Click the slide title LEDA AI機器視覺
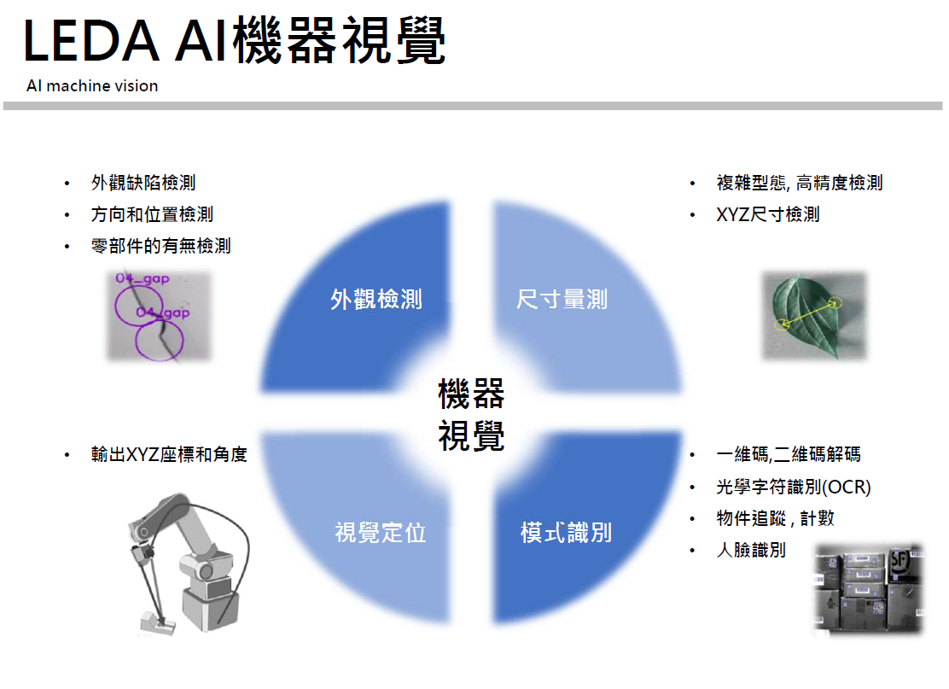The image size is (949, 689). [235, 41]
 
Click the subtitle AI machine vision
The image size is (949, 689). [92, 86]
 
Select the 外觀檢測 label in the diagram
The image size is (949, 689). [376, 299]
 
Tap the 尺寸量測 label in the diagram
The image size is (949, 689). [562, 299]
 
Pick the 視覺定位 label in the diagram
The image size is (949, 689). [381, 533]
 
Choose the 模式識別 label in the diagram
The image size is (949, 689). [566, 533]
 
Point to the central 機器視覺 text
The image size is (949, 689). [471, 415]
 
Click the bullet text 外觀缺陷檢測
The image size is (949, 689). [143, 182]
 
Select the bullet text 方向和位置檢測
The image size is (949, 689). [152, 214]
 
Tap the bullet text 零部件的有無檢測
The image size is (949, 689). [161, 246]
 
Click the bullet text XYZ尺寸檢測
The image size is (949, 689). [767, 214]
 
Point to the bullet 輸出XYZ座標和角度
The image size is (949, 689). [170, 454]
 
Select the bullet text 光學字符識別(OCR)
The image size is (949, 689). [794, 487]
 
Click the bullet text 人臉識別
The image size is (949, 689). [751, 550]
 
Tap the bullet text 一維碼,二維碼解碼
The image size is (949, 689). [788, 454]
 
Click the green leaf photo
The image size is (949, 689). [814, 316]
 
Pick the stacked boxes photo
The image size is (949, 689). [869, 588]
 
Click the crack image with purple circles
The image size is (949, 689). [160, 317]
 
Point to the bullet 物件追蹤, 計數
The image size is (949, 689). [775, 518]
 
